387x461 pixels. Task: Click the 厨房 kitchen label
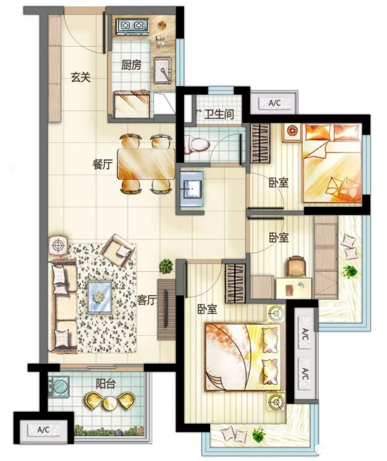tap(131, 65)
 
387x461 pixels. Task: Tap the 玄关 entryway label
tap(80, 77)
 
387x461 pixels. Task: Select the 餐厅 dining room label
tap(102, 164)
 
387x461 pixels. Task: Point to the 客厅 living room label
tap(147, 300)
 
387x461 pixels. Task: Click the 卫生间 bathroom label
tap(219, 114)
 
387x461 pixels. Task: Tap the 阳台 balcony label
tap(106, 384)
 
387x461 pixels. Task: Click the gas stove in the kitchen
tap(132, 26)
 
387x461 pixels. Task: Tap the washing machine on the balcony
tap(59, 386)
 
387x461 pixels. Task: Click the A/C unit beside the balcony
tap(43, 430)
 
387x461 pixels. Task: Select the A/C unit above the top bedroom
tap(275, 103)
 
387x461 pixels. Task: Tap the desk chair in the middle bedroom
tap(297, 266)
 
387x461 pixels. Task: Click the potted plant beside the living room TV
tap(166, 266)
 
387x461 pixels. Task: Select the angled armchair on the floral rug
tap(118, 250)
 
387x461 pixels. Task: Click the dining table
tap(146, 164)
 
